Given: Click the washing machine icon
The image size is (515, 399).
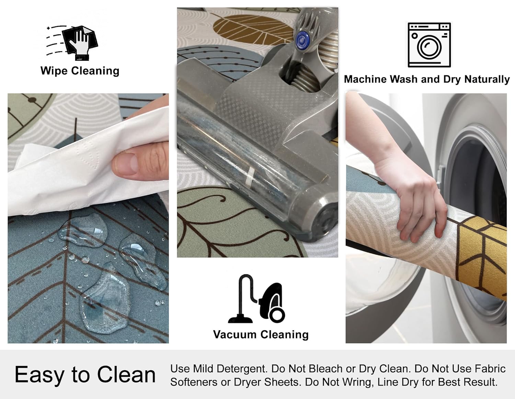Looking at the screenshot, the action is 429,45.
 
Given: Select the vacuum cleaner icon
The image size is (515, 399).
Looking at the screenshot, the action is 256,298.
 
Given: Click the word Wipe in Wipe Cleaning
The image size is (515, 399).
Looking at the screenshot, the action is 54,71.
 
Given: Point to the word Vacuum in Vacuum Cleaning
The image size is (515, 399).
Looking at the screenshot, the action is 235,335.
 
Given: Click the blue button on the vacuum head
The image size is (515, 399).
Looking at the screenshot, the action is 302,39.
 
